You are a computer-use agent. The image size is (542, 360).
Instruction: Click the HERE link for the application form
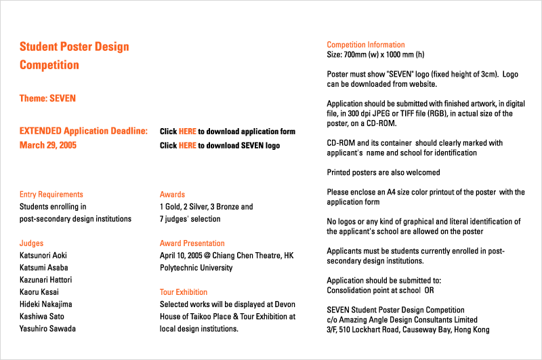(x=188, y=132)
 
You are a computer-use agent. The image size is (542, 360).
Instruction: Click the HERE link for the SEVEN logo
(x=188, y=146)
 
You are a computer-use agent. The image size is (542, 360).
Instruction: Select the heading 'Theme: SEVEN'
(x=47, y=98)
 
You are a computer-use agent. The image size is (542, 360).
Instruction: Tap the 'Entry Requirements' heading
(x=51, y=195)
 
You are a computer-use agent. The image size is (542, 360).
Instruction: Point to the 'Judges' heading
(x=31, y=243)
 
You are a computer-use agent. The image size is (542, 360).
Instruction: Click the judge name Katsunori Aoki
(x=43, y=256)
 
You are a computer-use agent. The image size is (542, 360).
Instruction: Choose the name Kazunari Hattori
(x=45, y=280)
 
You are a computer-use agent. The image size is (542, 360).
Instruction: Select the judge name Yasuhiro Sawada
(x=47, y=329)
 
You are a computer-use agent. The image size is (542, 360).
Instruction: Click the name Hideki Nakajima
(x=45, y=304)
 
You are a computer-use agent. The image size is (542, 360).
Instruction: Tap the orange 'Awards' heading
(x=172, y=195)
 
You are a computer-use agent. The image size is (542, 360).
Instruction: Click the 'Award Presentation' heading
(x=192, y=243)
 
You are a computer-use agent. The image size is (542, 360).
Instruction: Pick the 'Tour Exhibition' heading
(x=184, y=292)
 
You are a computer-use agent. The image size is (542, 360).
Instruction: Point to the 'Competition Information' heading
(x=366, y=45)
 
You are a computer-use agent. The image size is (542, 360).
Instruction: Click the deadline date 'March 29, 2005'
(x=48, y=145)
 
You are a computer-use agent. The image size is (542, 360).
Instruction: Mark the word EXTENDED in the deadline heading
(x=41, y=131)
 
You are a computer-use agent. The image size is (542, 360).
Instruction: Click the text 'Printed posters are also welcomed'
(x=383, y=172)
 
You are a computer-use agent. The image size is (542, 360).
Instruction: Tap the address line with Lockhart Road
(x=408, y=329)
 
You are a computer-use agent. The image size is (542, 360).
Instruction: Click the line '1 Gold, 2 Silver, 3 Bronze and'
(x=207, y=207)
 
